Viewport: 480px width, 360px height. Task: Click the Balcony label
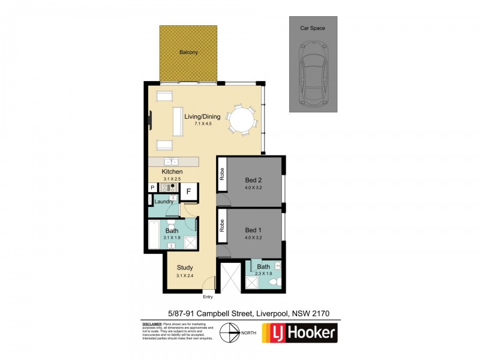[188, 53]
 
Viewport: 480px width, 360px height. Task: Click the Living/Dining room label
[202, 117]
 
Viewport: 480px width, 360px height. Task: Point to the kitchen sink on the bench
[172, 161]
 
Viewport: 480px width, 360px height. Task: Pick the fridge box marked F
[188, 192]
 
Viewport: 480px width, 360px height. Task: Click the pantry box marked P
[152, 188]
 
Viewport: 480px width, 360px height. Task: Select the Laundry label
[164, 202]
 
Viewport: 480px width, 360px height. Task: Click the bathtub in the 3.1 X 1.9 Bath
[154, 235]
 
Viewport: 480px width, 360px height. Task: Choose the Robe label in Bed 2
[221, 175]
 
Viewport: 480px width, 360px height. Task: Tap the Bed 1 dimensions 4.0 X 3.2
[253, 238]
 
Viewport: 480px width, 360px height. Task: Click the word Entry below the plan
[208, 297]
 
